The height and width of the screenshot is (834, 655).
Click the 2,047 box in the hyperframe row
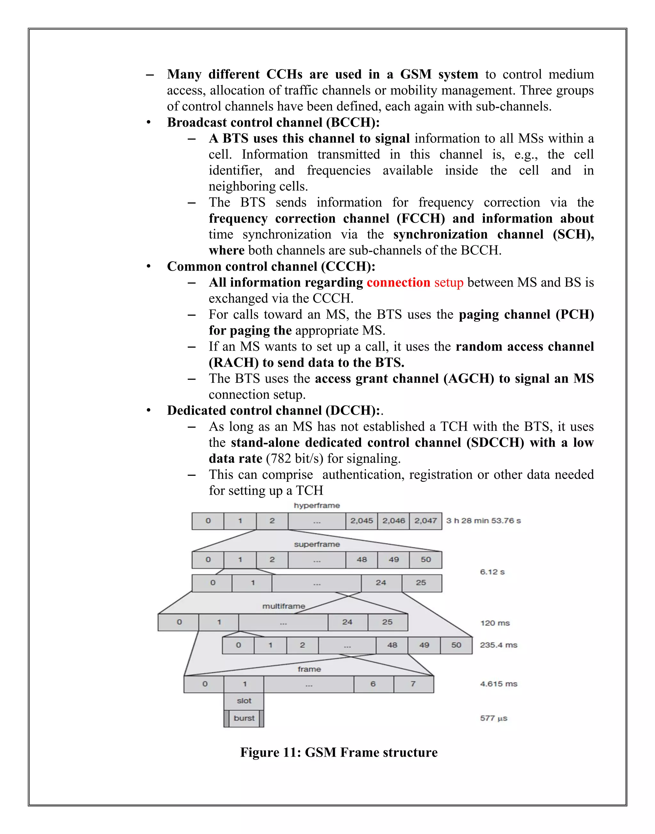tap(425, 521)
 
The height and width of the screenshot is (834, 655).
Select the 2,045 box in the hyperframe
tap(361, 521)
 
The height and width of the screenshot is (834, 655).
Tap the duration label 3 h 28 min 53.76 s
tap(483, 521)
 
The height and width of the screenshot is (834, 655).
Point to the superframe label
tap(317, 544)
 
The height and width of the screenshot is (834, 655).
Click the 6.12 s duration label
tap(493, 572)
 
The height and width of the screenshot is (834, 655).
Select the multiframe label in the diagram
tap(284, 606)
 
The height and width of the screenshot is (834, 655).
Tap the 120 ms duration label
tap(495, 623)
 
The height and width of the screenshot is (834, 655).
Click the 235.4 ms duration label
tap(499, 645)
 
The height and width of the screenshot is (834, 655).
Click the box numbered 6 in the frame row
tap(373, 684)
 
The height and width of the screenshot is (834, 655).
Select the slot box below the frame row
tap(244, 701)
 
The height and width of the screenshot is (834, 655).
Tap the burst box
tap(244, 718)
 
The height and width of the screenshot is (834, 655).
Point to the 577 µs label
tap(493, 718)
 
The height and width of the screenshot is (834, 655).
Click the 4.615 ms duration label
tap(499, 684)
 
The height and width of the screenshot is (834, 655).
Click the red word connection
tap(399, 282)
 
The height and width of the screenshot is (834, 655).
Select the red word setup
tap(449, 283)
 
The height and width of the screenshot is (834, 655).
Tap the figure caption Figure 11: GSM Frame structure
tap(339, 753)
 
